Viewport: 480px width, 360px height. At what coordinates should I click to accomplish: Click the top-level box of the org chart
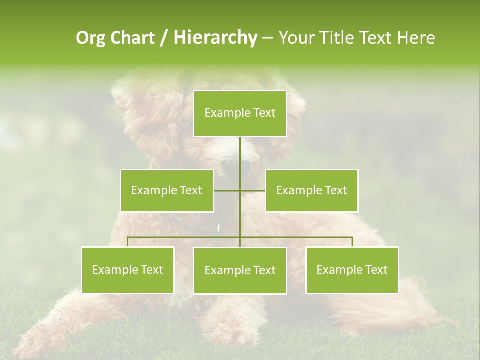(x=240, y=113)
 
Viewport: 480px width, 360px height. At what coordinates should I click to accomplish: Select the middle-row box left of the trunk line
(x=167, y=190)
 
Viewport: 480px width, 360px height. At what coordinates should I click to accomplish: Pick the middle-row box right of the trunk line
(x=311, y=190)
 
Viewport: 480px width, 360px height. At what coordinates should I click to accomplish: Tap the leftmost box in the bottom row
(x=128, y=270)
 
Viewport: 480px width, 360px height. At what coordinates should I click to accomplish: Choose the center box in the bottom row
(x=240, y=270)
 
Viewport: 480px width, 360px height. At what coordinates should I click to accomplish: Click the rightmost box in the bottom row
(x=352, y=270)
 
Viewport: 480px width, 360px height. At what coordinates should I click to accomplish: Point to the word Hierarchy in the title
(x=215, y=38)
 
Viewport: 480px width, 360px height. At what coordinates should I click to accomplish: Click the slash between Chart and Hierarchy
(x=163, y=38)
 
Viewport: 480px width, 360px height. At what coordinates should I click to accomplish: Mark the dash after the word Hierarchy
(x=267, y=38)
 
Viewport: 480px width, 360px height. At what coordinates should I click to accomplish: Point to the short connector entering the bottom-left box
(x=128, y=242)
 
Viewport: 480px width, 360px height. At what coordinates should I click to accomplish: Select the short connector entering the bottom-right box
(x=352, y=242)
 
